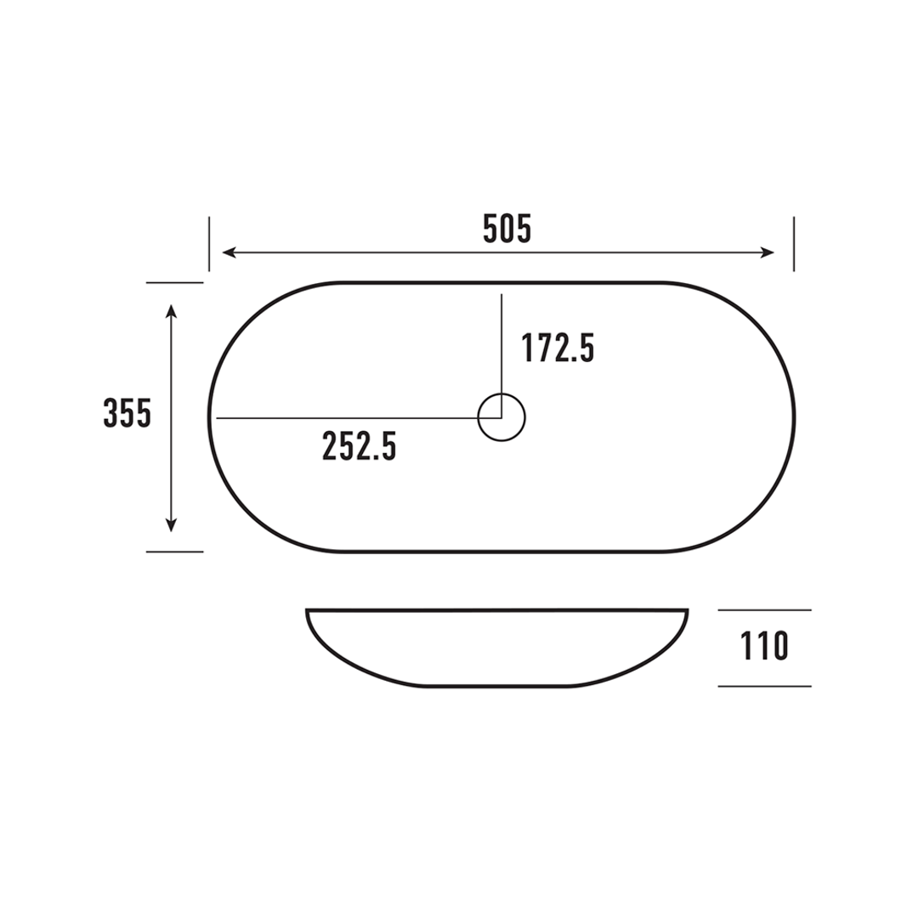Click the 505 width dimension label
coord(507,229)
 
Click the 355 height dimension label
coord(127,414)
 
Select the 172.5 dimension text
coord(558,348)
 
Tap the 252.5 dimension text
coord(360,446)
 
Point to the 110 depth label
coord(765,647)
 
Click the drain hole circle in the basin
coord(501,417)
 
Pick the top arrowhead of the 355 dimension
coord(172,309)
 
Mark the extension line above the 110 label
coord(764,610)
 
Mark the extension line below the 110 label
coord(764,686)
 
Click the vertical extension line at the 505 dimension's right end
coord(793,244)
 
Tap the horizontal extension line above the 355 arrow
coord(174,282)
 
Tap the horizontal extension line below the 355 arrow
coord(174,552)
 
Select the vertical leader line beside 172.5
coord(501,340)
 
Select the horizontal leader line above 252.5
coord(340,418)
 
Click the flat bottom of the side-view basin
coord(501,685)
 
